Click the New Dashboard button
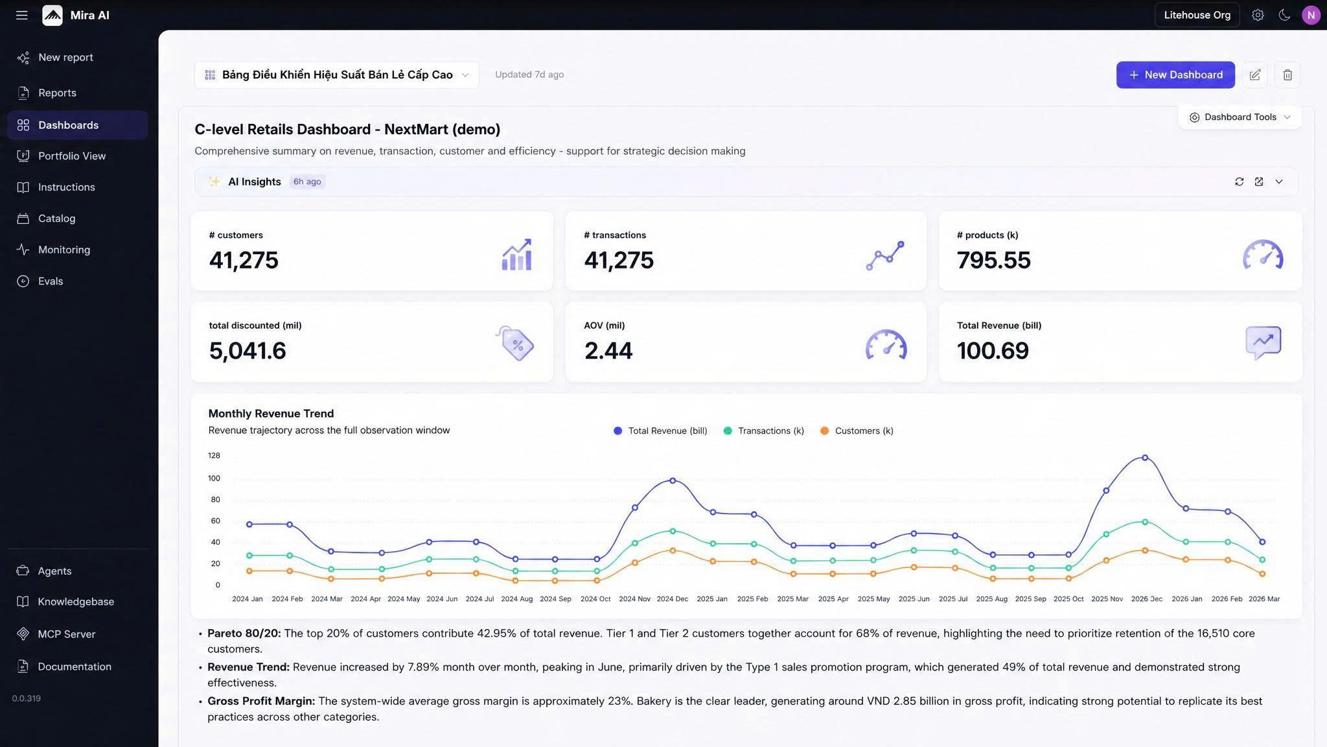[1175, 75]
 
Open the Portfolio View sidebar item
[71, 156]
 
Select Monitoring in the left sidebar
[63, 250]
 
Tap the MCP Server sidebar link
[66, 634]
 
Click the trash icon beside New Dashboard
[1287, 75]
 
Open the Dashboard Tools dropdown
[1240, 117]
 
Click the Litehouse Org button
[1197, 15]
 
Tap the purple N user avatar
[1311, 15]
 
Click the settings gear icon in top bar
[1258, 15]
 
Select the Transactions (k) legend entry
[764, 431]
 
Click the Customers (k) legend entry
[857, 431]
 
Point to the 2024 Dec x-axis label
[673, 599]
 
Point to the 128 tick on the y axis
[214, 456]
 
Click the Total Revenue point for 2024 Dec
[673, 480]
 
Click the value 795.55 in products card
[993, 260]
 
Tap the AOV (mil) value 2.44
[608, 351]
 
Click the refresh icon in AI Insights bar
[1240, 182]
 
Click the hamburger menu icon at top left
[22, 15]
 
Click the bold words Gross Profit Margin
[261, 701]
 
